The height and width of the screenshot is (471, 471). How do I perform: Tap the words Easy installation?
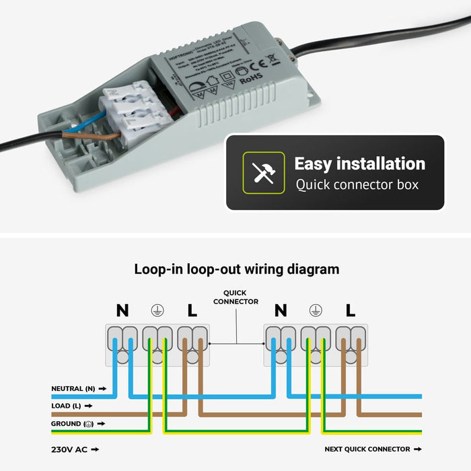359,164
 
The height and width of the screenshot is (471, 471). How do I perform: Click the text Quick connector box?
357,185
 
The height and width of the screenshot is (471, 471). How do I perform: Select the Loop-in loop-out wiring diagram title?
236,269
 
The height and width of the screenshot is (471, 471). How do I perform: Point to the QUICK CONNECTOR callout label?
235,297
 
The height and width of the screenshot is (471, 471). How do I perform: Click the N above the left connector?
122,310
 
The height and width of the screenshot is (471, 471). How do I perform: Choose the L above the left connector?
192,310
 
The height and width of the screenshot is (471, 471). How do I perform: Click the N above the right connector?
281,310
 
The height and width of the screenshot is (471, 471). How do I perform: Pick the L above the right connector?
350,310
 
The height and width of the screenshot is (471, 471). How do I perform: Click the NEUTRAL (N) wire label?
73,389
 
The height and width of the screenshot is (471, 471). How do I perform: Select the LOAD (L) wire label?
67,406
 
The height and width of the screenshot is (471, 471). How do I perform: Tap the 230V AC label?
70,449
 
